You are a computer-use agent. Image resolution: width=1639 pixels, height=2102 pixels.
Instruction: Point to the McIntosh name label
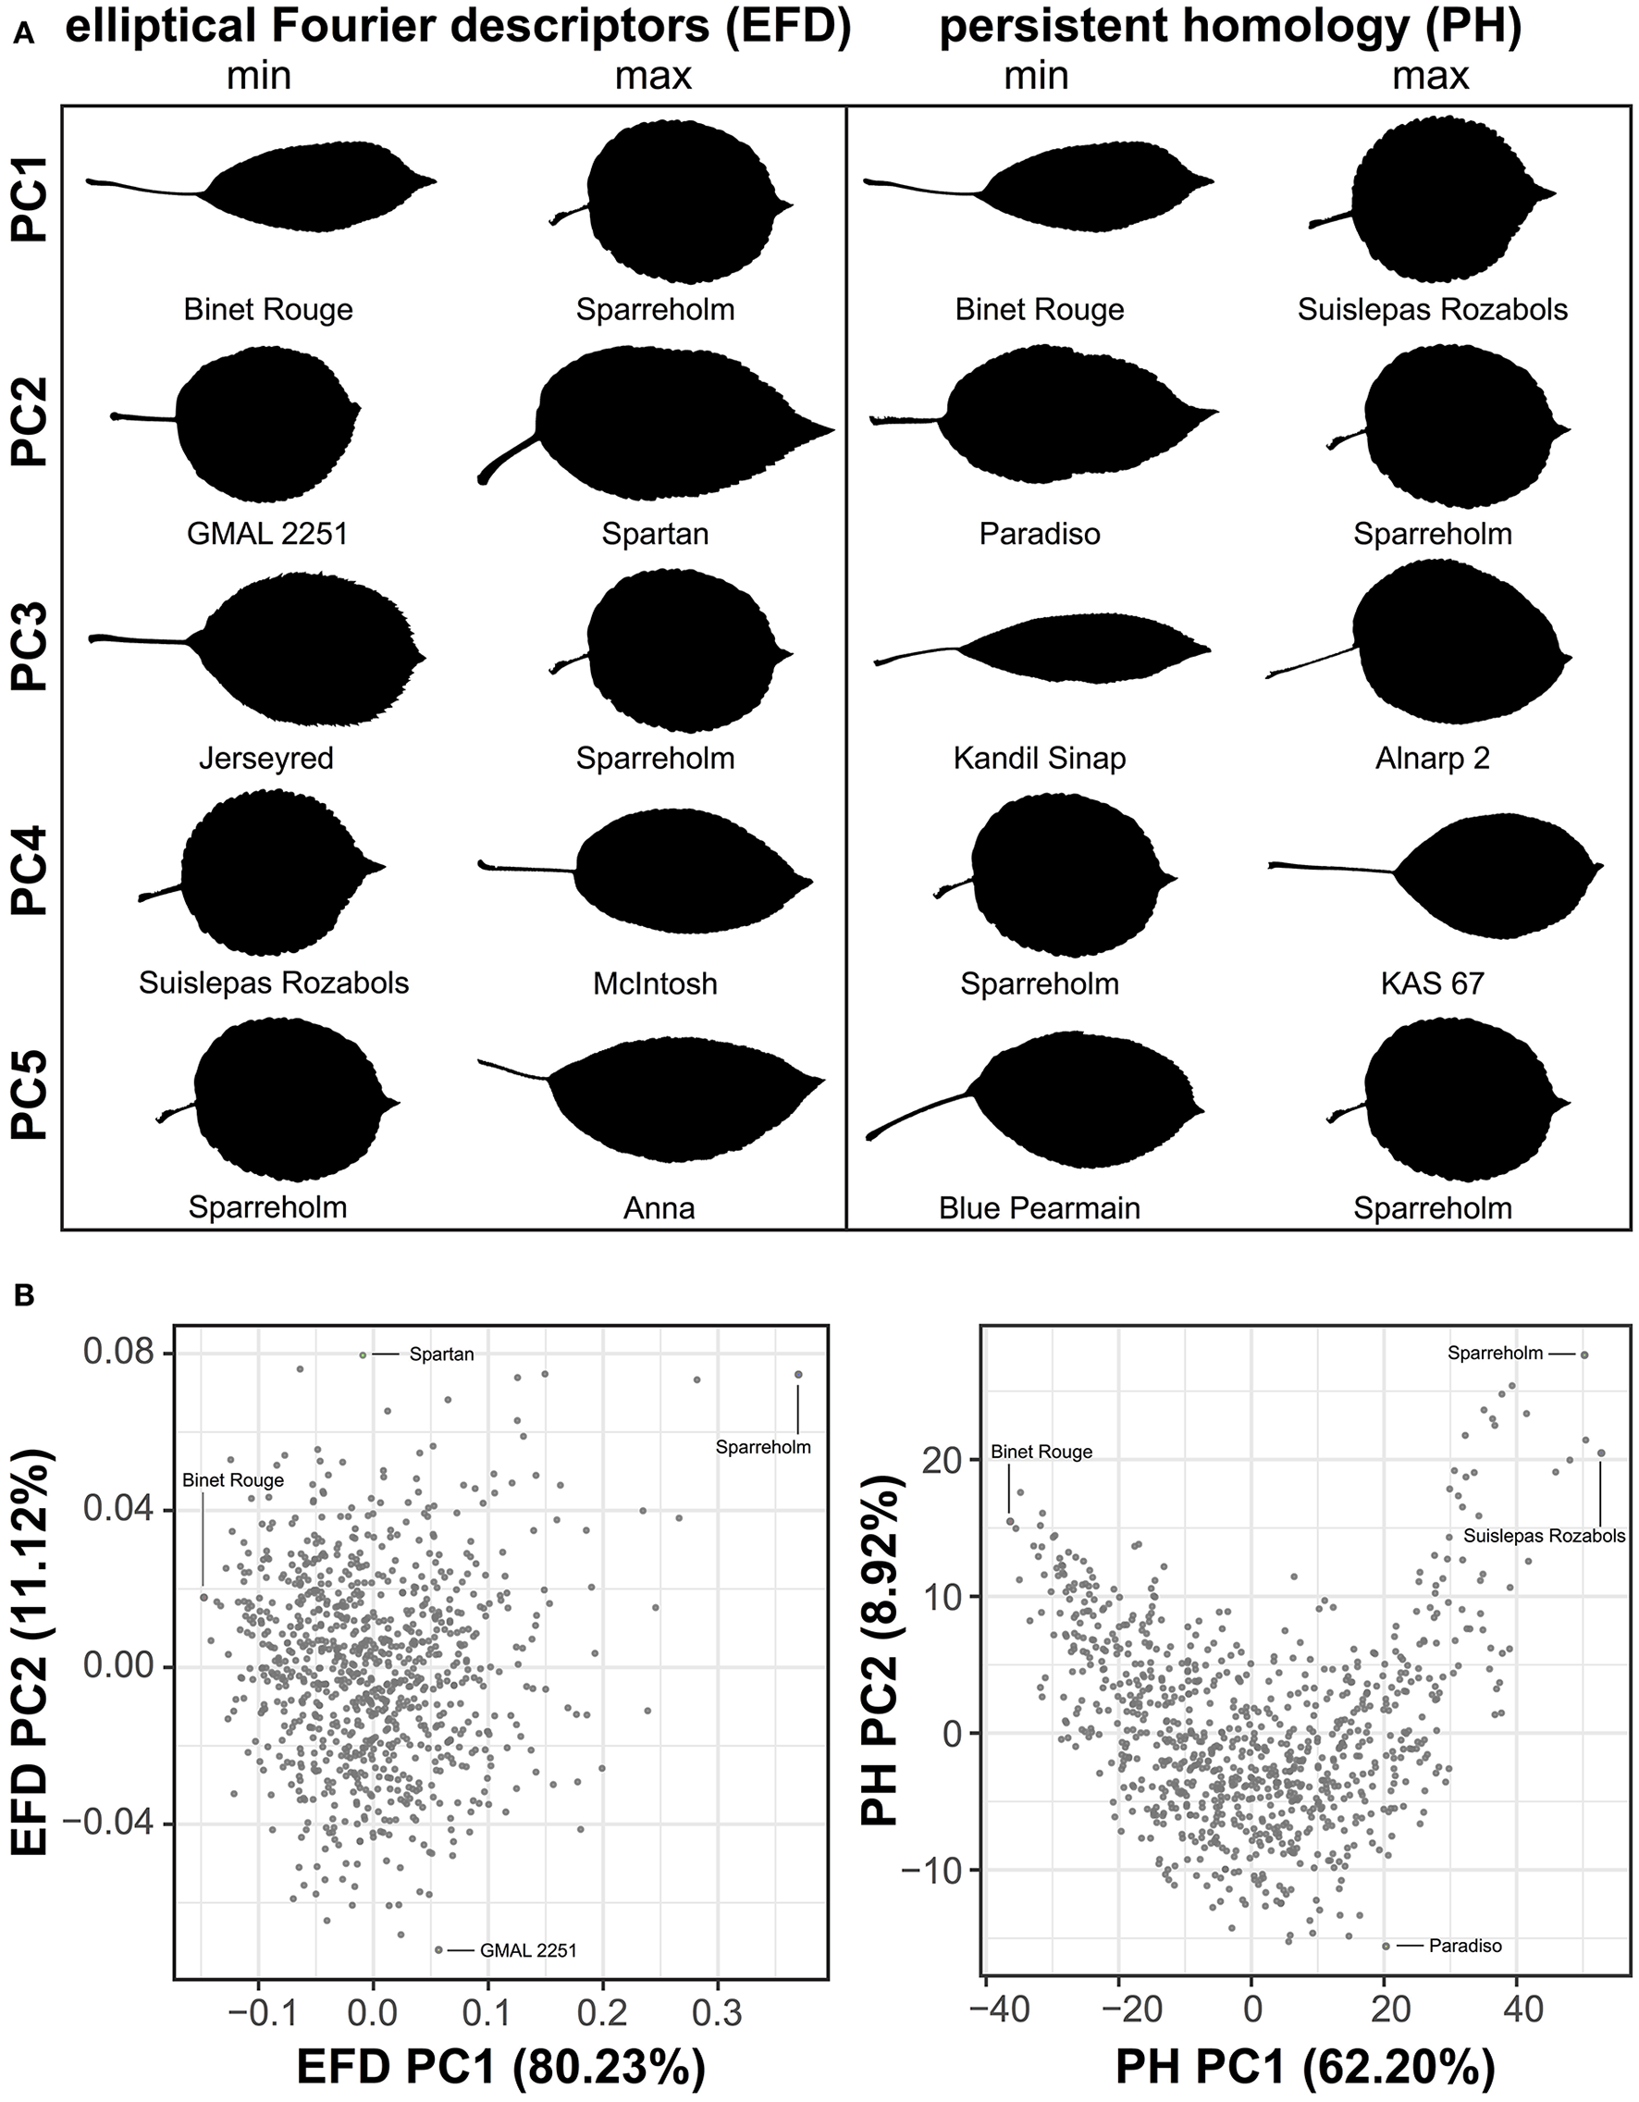coord(655,983)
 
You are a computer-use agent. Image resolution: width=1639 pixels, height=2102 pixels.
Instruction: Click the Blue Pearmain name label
coord(1040,1208)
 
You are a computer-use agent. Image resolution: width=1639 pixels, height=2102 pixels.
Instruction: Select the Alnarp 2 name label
coord(1432,759)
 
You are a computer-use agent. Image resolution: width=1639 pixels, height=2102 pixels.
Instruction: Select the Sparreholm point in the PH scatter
coord(1584,1354)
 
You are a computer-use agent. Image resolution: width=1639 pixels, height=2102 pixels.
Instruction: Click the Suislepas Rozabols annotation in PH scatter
coord(1544,1536)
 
